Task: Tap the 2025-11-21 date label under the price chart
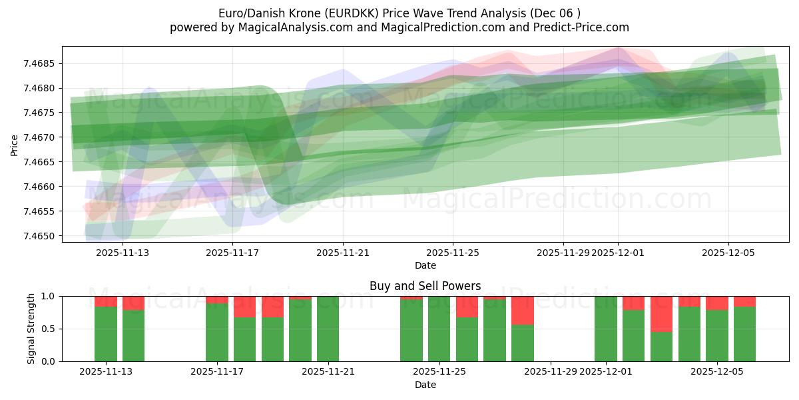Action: coord(343,253)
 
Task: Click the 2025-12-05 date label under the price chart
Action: coord(728,253)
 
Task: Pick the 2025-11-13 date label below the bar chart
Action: coord(106,371)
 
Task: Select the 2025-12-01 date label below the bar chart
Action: coord(606,371)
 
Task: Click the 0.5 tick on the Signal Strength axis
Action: coord(50,329)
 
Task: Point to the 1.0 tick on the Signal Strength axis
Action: coord(50,296)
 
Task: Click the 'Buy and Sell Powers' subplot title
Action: coord(425,286)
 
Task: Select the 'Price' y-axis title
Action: coord(15,145)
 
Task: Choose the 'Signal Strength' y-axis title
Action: coord(31,329)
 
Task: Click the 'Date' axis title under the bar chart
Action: coord(425,385)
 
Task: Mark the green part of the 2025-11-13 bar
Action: coord(106,333)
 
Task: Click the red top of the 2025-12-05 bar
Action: coord(717,303)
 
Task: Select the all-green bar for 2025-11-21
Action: coord(328,329)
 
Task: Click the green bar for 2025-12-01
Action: coord(606,329)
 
